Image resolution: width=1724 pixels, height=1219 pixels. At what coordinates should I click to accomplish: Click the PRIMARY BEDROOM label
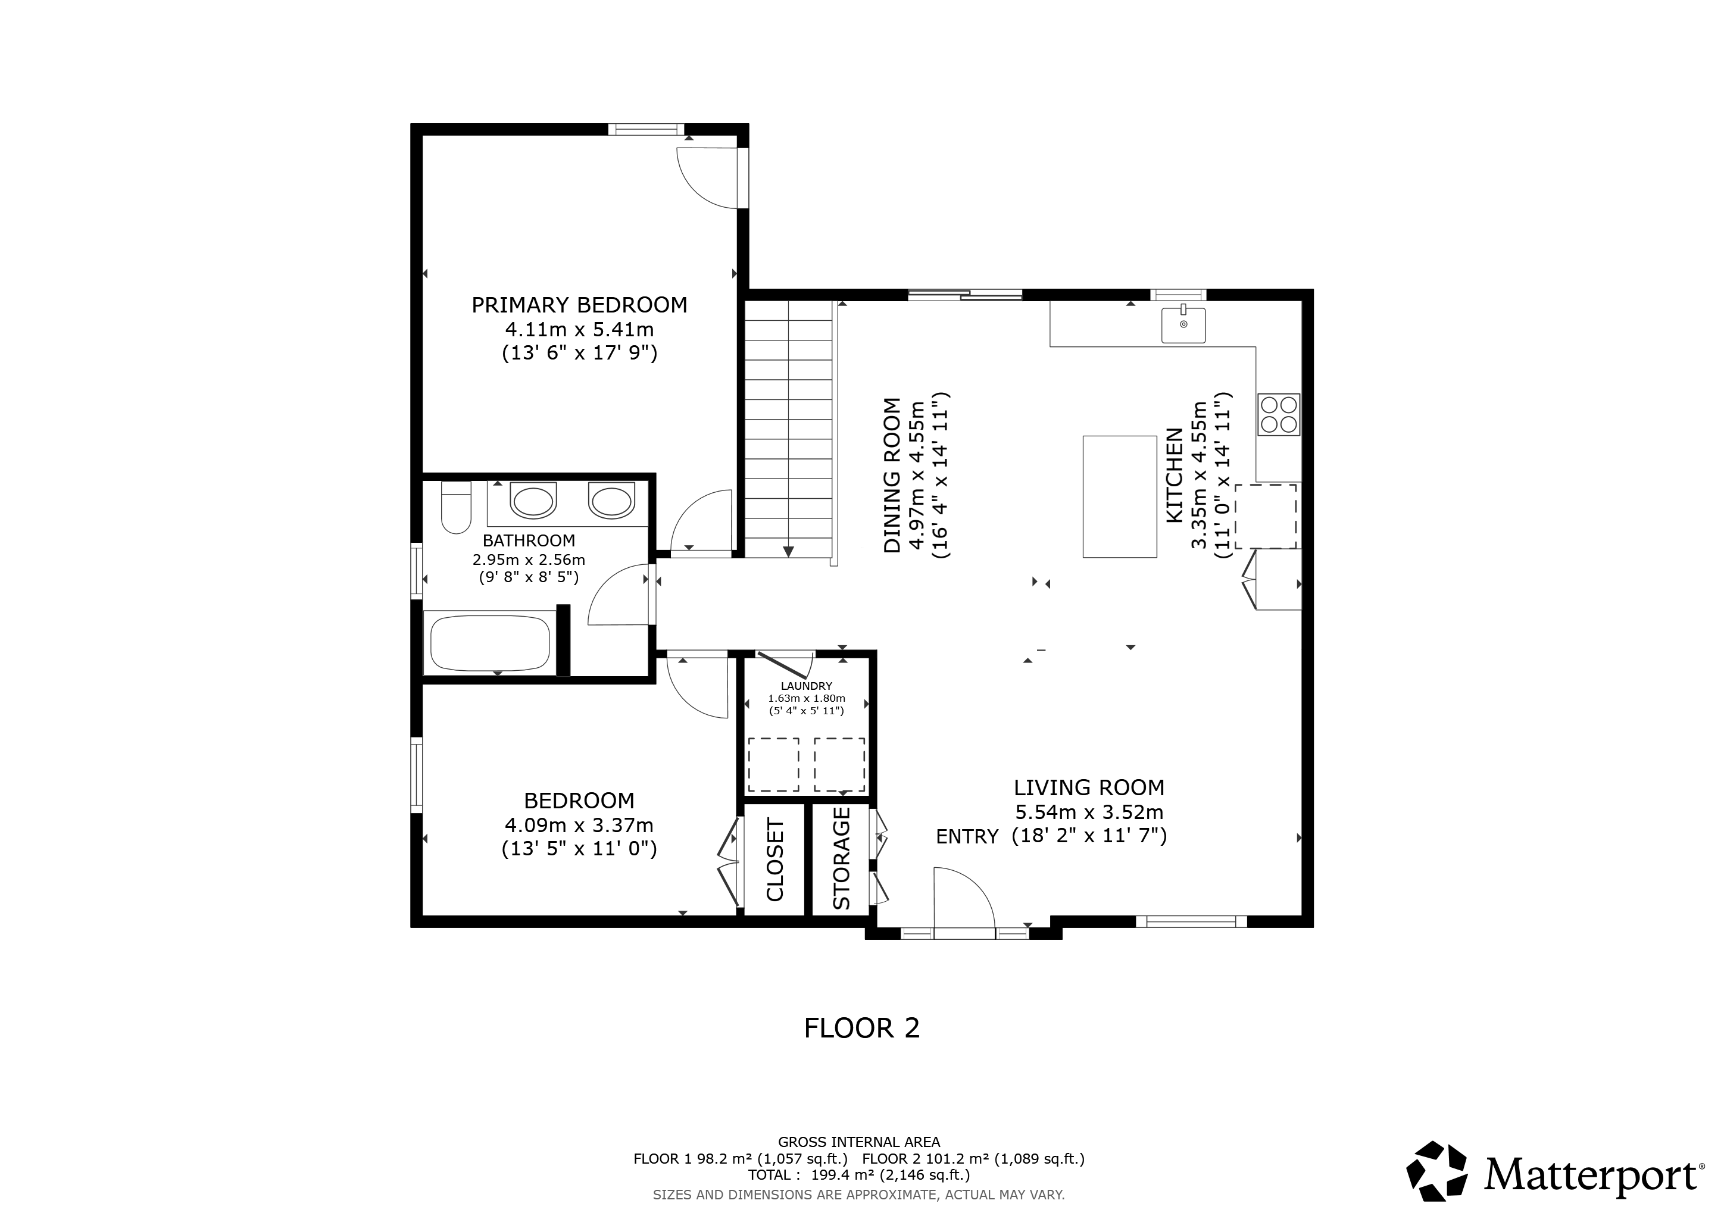(579, 305)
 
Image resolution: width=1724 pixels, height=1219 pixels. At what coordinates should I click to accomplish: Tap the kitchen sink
(1183, 325)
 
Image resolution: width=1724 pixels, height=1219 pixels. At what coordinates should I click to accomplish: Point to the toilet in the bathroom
(456, 507)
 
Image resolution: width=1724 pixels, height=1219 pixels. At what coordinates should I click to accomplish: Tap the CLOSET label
(775, 860)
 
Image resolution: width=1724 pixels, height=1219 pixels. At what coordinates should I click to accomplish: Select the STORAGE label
(842, 858)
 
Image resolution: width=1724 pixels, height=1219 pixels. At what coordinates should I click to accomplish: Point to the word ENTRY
(967, 836)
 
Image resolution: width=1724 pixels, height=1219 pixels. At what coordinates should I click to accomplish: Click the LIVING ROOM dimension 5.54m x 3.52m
(1089, 812)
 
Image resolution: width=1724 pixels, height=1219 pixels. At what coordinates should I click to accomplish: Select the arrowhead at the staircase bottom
(788, 552)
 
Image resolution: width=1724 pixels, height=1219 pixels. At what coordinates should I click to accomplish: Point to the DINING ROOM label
(892, 475)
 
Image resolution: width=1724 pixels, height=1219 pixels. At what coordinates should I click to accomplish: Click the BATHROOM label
(529, 540)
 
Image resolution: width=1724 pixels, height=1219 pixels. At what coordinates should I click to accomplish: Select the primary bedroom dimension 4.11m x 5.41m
(579, 329)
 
